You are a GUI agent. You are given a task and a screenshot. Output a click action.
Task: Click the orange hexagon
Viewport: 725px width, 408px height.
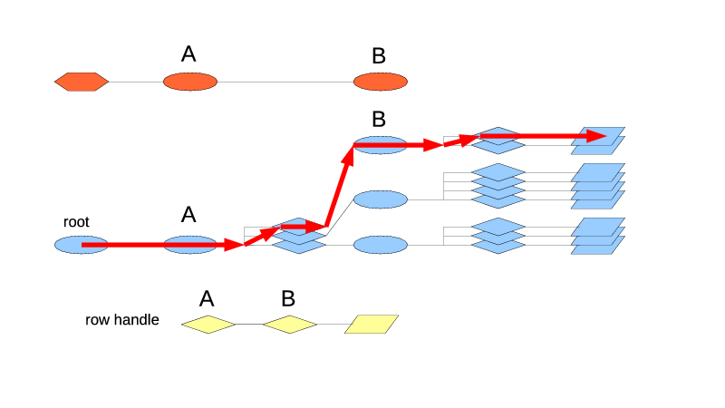pyautogui.click(x=82, y=82)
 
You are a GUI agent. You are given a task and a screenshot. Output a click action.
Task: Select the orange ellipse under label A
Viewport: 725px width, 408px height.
pyautogui.click(x=190, y=82)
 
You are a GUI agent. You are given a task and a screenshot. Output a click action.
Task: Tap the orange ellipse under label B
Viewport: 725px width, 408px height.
pyautogui.click(x=381, y=82)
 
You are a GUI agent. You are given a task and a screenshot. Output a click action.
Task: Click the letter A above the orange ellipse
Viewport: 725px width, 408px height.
pyautogui.click(x=188, y=54)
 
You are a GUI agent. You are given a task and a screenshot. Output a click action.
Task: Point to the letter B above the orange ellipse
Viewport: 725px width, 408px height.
pyautogui.click(x=379, y=56)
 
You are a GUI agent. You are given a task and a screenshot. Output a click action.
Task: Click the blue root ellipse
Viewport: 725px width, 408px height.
pyautogui.click(x=68, y=245)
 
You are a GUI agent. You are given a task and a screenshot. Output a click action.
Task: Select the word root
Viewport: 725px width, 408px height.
pyautogui.click(x=76, y=222)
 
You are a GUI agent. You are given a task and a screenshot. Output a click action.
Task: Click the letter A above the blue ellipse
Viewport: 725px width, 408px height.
pyautogui.click(x=188, y=215)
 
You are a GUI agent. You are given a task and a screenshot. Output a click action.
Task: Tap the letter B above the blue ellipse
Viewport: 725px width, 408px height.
pyautogui.click(x=379, y=119)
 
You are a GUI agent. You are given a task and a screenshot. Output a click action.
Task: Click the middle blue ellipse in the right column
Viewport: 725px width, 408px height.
pyautogui.click(x=381, y=199)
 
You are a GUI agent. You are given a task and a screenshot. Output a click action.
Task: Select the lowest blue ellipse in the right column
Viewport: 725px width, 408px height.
pyautogui.click(x=381, y=245)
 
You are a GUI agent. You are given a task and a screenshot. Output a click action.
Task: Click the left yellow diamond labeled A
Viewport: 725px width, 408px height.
pyautogui.click(x=208, y=324)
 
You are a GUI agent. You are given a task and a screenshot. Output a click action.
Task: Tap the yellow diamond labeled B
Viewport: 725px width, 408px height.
pyautogui.click(x=290, y=324)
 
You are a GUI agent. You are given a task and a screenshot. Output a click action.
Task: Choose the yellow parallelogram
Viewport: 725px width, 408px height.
pyautogui.click(x=372, y=324)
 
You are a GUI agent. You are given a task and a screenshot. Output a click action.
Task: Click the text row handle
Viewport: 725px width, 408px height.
pyautogui.click(x=122, y=320)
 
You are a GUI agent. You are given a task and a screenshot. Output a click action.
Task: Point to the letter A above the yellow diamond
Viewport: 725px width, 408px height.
pyautogui.click(x=207, y=298)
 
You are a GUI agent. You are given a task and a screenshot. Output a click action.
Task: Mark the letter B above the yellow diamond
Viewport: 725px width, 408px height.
pyautogui.click(x=288, y=298)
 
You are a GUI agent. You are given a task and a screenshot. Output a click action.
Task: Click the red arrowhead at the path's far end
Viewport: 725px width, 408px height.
pyautogui.click(x=595, y=136)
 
